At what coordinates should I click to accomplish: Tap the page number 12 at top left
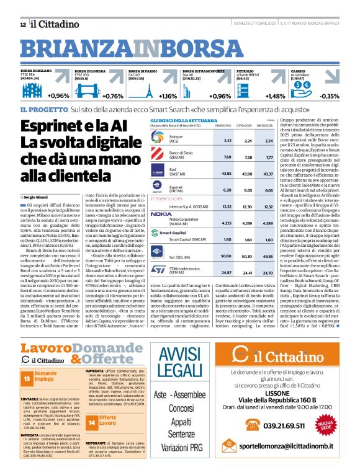23,24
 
